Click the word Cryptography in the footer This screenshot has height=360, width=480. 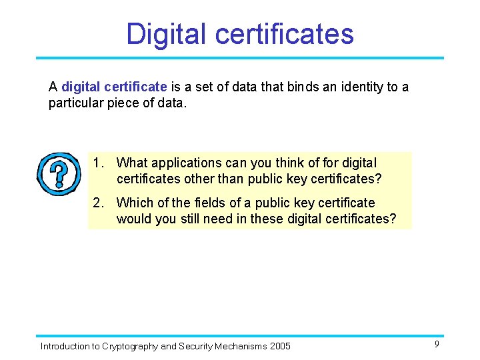click(130, 346)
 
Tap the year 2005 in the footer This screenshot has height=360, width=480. click(281, 346)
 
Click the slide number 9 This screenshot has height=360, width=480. click(437, 344)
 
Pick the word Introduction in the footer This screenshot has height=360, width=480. click(64, 346)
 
